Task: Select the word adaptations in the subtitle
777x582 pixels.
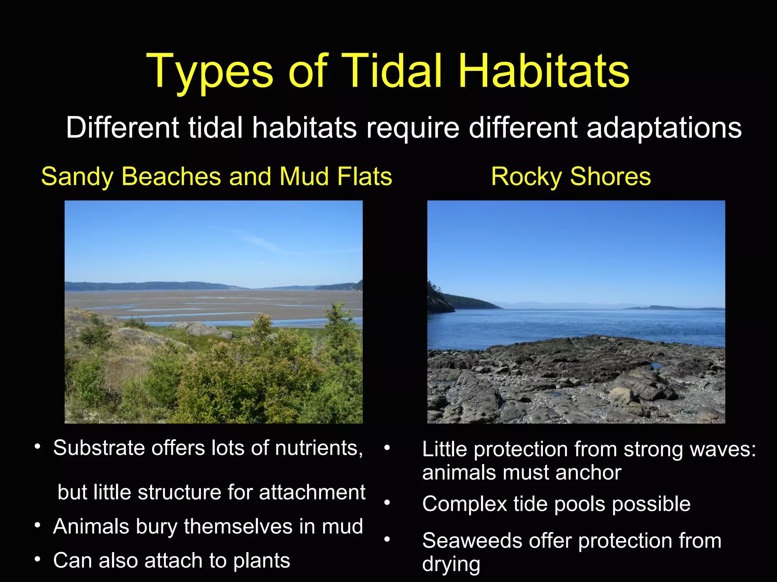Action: pyautogui.click(x=664, y=128)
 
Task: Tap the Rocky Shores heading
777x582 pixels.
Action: pyautogui.click(x=571, y=177)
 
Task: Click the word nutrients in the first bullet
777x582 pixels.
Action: pyautogui.click(x=319, y=448)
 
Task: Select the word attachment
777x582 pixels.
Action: pyautogui.click(x=312, y=492)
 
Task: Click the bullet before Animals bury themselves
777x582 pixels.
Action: pyautogui.click(x=37, y=526)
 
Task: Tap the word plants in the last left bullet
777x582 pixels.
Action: pyautogui.click(x=261, y=560)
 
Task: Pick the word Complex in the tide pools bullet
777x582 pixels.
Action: pyautogui.click(x=464, y=504)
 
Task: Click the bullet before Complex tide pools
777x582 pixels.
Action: pyautogui.click(x=387, y=503)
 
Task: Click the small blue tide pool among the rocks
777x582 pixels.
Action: pyautogui.click(x=656, y=366)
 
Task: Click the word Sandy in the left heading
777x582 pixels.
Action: pyautogui.click(x=77, y=177)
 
